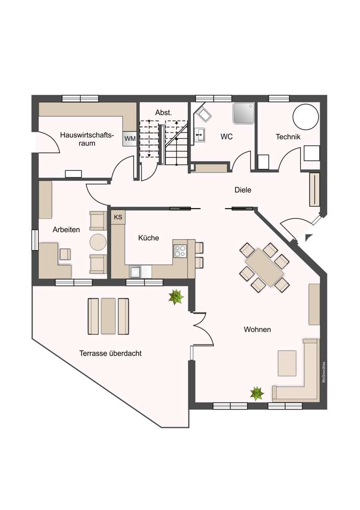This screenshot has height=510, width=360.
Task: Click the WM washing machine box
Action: coord(130,138)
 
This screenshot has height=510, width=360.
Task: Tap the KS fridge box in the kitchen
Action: coord(118,217)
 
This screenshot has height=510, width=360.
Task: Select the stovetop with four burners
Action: coord(181,250)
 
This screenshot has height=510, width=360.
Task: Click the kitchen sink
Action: coord(136,271)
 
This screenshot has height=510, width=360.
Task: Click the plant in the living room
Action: coord(256,393)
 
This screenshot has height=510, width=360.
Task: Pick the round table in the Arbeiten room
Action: coord(97,241)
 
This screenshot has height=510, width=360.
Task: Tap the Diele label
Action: coord(243,190)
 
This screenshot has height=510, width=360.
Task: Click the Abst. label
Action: coord(163,112)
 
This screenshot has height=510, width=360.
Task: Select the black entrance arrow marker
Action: coord(308,237)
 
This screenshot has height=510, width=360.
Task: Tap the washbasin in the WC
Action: coord(201,134)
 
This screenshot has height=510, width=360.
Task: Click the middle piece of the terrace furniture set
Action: coord(108,316)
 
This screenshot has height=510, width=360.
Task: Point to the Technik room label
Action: coord(288,137)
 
